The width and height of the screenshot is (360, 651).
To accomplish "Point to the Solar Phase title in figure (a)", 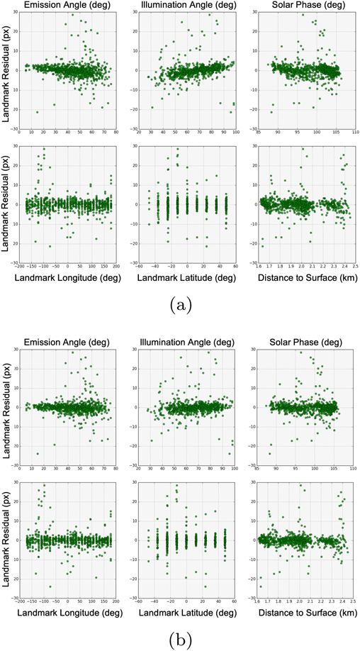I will (303, 6).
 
